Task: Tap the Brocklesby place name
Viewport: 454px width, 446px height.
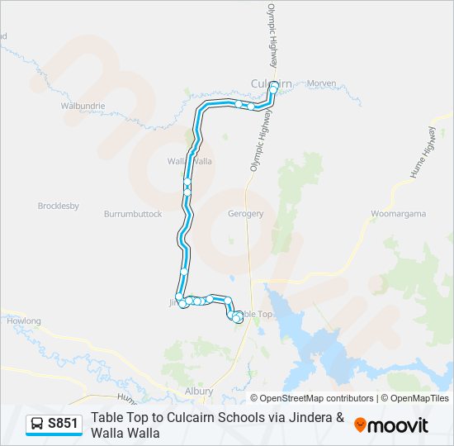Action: [58, 206]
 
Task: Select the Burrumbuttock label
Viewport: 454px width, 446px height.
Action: [133, 214]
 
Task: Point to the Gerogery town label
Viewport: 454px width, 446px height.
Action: [245, 214]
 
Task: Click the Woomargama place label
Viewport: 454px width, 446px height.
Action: [398, 214]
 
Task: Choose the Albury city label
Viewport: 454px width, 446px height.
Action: [199, 391]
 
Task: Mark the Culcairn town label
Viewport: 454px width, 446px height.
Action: [271, 83]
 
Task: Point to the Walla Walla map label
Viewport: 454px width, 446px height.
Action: [190, 161]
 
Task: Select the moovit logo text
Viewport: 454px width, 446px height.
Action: [397, 425]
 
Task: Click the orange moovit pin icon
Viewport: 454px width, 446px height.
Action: [360, 425]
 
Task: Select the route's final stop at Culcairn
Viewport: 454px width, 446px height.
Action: [273, 84]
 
